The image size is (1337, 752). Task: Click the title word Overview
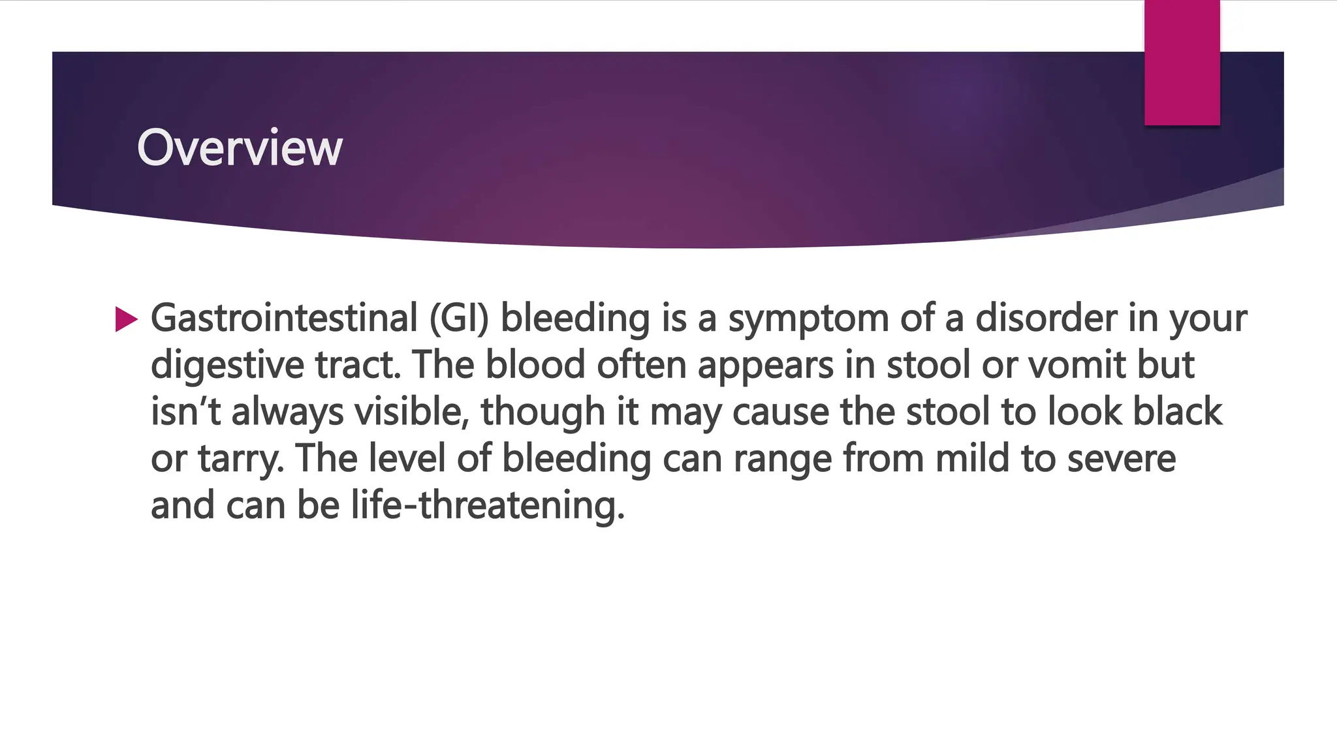[x=240, y=148]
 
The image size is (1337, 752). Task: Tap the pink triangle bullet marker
[x=126, y=319]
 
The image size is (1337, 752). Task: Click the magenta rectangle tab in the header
[x=1182, y=63]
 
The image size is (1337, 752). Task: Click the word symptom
[x=808, y=319]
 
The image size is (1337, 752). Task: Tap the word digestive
[x=227, y=365]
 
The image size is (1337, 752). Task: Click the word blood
[x=535, y=365]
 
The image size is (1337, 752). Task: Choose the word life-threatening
[x=488, y=506]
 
